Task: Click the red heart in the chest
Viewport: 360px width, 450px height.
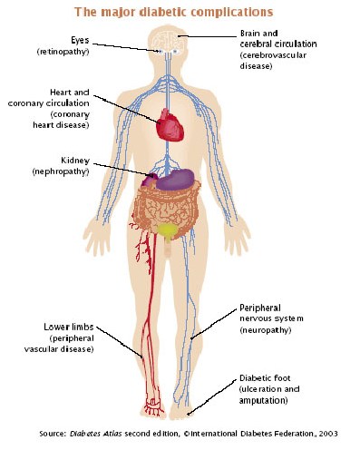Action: point(170,125)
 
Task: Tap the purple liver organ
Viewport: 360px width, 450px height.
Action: point(175,180)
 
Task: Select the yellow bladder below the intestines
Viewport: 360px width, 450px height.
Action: point(167,230)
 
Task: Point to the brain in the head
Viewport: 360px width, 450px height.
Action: point(168,41)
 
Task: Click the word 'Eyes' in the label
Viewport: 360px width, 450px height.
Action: point(80,40)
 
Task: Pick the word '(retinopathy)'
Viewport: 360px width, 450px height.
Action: point(63,52)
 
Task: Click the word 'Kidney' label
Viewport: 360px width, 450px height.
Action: point(75,161)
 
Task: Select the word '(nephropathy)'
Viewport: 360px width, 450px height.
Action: point(61,171)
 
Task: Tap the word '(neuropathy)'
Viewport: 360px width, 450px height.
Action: point(266,329)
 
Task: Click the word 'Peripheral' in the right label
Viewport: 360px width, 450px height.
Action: point(260,308)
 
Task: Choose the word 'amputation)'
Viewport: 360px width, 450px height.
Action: point(263,400)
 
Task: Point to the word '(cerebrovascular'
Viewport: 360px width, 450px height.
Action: point(273,55)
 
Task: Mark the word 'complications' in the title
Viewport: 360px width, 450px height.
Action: point(232,13)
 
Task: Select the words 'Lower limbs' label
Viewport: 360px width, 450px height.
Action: point(69,327)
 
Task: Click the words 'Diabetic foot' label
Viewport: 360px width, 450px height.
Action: point(265,378)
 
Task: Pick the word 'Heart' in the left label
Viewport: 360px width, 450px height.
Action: point(59,93)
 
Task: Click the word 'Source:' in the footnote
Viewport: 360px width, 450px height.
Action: point(53,434)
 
